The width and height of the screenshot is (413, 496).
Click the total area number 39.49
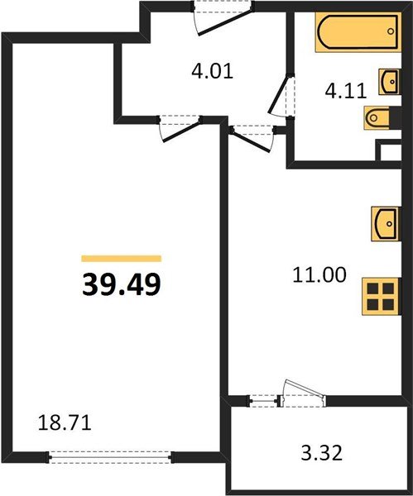[122, 284]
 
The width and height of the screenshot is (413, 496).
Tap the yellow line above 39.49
[122, 259]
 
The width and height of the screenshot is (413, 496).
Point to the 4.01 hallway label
[212, 71]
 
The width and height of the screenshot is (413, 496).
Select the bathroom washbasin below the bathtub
[390, 80]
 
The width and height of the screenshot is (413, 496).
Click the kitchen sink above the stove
[385, 222]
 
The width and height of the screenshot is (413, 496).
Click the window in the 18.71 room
[111, 454]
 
